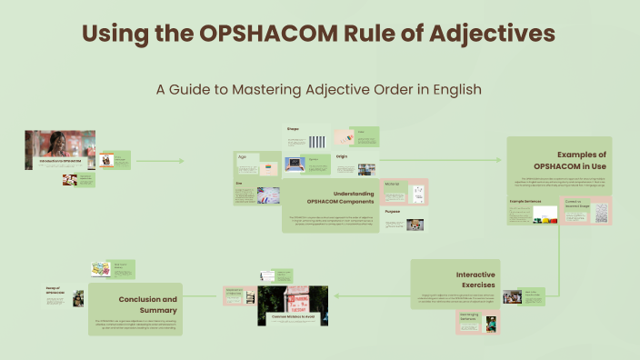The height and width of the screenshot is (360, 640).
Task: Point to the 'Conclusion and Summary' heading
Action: (x=147, y=304)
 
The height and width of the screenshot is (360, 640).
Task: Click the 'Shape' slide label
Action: (x=293, y=129)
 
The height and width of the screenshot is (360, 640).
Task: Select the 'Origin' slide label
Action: (x=342, y=156)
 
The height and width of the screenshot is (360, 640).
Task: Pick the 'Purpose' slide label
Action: (x=392, y=211)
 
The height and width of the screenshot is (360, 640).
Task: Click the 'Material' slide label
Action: (x=392, y=185)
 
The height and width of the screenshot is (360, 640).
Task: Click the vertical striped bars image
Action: (x=316, y=141)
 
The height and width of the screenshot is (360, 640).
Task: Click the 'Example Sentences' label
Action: (x=524, y=200)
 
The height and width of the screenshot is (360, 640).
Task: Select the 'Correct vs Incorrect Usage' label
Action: (x=576, y=204)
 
